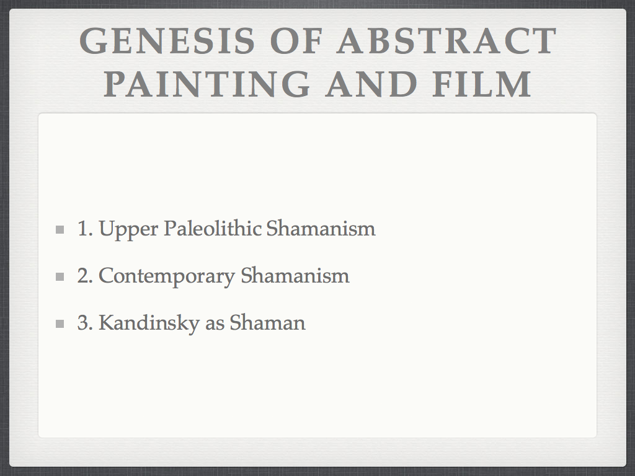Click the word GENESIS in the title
167,41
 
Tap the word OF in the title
296,41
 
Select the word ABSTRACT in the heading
446,41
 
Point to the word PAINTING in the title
206,84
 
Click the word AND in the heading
371,84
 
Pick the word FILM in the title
482,84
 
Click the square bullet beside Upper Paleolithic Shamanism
60,230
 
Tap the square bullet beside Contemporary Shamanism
60,277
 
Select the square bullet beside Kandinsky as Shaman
60,324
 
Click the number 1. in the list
85,229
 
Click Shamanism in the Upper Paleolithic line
321,228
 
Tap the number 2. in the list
85,276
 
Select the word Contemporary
167,277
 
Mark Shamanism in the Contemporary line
295,275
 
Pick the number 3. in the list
85,322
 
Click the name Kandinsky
149,324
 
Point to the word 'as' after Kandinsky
215,325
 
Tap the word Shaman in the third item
268,322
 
